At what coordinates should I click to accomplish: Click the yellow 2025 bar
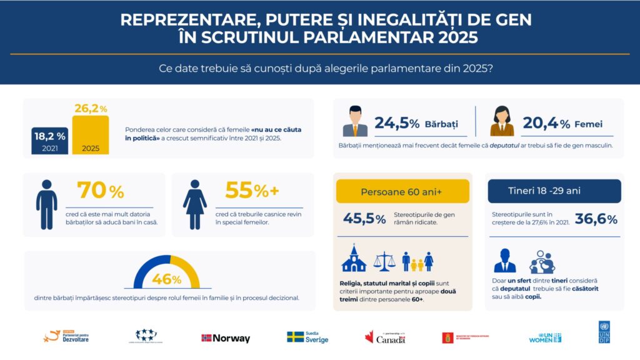point(91,135)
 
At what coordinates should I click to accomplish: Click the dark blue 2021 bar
point(50,141)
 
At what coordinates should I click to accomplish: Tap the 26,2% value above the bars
point(91,108)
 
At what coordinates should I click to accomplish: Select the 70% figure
point(101,190)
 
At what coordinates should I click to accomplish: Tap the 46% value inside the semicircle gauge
point(166,279)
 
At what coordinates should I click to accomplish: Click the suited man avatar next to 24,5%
point(355,121)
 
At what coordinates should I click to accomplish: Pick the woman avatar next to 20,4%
point(502,121)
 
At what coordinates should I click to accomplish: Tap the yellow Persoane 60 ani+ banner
point(402,191)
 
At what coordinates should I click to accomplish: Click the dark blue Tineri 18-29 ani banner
point(554,191)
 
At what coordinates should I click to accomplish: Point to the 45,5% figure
point(364,219)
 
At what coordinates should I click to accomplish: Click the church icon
point(354,258)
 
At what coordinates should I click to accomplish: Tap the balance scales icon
point(384,260)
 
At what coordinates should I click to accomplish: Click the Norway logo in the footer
point(226,338)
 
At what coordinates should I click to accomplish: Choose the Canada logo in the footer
point(385,337)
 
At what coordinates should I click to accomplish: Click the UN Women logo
point(545,337)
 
